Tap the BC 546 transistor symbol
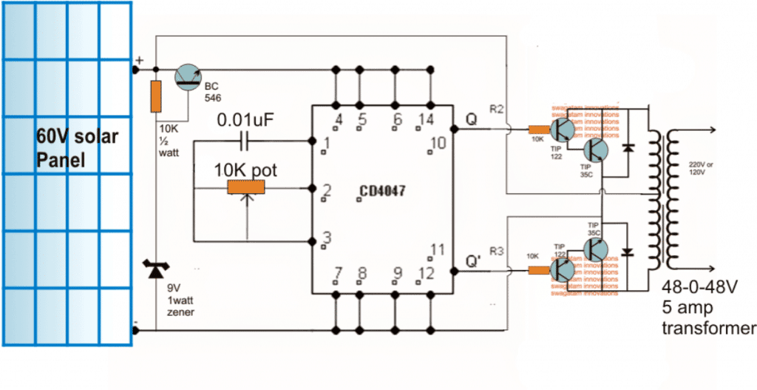pyautogui.click(x=189, y=77)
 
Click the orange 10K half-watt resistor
pyautogui.click(x=155, y=96)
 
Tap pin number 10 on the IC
pyautogui.click(x=438, y=142)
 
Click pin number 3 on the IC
pyautogui.click(x=327, y=238)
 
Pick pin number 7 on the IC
pyautogui.click(x=338, y=274)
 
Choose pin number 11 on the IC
pyautogui.click(x=438, y=250)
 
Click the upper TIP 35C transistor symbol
pyautogui.click(x=595, y=152)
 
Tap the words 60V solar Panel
pyautogui.click(x=77, y=149)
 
